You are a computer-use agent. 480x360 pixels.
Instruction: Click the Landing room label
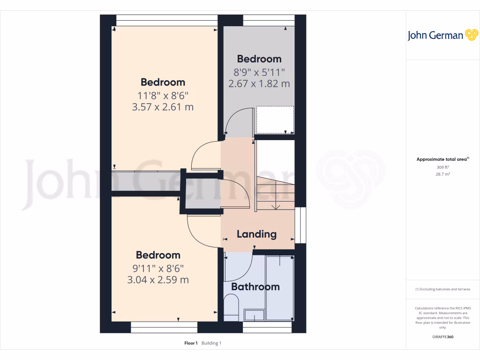pos(256,234)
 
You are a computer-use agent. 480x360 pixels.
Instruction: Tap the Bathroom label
pos(255,286)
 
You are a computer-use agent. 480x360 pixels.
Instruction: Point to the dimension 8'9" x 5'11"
pos(259,72)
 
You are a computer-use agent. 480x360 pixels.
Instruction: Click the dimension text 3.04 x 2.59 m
pos(158,280)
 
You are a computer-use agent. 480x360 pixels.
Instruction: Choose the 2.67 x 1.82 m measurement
pos(259,84)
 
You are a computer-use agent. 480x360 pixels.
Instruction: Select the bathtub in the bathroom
pos(279,288)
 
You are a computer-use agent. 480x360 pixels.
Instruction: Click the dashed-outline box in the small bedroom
pos(275,120)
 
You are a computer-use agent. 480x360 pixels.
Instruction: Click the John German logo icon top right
pos(471,35)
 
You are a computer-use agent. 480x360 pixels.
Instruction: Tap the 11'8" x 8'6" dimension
pos(163,95)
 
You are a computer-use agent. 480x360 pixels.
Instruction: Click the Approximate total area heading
pos(442,159)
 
